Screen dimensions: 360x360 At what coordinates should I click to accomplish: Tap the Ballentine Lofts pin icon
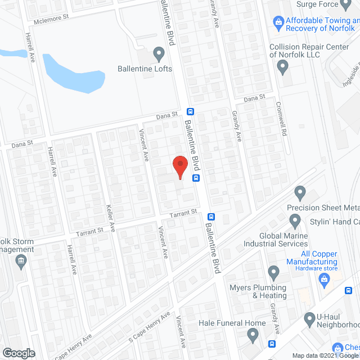click(x=159, y=55)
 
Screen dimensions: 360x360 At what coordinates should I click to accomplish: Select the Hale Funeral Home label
click(x=232, y=323)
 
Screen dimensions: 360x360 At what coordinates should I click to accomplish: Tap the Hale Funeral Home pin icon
click(x=253, y=336)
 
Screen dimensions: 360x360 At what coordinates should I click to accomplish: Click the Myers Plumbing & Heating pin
click(x=273, y=273)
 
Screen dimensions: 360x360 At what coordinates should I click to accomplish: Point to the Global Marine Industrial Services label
click(x=276, y=240)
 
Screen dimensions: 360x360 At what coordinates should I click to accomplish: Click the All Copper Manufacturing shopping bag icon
click(x=323, y=277)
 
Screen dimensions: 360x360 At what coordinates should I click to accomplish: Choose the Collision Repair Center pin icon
click(x=283, y=67)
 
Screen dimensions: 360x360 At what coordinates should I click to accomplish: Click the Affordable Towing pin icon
click(x=278, y=21)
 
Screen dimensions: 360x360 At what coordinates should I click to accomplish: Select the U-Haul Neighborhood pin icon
click(x=309, y=319)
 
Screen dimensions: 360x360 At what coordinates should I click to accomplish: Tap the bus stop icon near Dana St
click(x=190, y=111)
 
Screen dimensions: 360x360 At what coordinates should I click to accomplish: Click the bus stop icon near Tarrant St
click(x=211, y=217)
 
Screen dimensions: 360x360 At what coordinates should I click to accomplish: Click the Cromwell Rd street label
click(x=281, y=113)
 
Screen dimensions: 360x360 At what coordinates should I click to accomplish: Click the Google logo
click(x=18, y=353)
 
